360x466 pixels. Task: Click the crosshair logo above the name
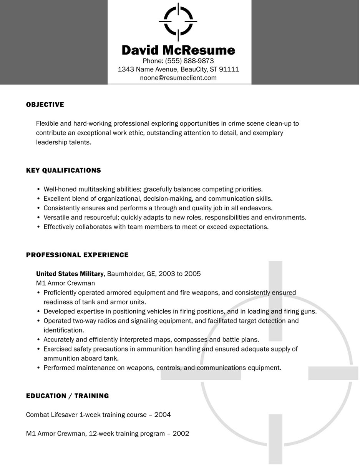[x=178, y=22]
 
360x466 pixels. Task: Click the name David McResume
[x=178, y=50]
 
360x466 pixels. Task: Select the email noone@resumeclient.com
[x=178, y=78]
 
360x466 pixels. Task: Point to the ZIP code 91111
[x=229, y=70]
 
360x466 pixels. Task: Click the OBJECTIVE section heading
[x=45, y=105]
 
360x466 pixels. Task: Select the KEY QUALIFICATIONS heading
[x=63, y=170]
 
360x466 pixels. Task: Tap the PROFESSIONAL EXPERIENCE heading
[x=77, y=255]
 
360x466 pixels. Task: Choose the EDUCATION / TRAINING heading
[x=67, y=396]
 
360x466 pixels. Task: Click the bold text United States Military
[x=70, y=274]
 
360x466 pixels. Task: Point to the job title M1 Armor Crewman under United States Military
[x=65, y=283]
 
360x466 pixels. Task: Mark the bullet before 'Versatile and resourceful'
[x=38, y=218]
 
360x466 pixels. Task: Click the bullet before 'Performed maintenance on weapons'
[x=38, y=368]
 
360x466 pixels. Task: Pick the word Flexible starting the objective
[x=47, y=124]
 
